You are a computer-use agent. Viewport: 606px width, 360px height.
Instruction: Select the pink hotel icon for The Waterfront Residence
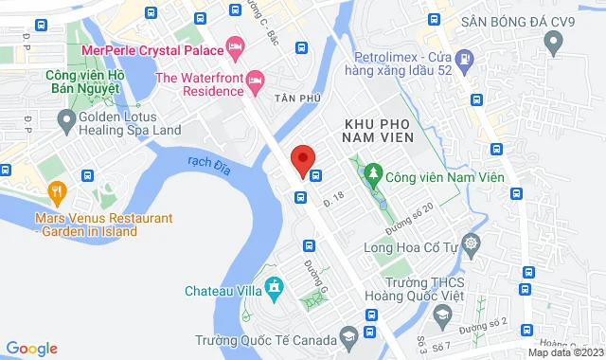254,79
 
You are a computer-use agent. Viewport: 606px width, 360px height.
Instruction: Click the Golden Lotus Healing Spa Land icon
66,120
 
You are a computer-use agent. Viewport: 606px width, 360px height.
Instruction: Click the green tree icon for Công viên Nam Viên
373,175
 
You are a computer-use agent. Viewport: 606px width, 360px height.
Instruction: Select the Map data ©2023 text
564,352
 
